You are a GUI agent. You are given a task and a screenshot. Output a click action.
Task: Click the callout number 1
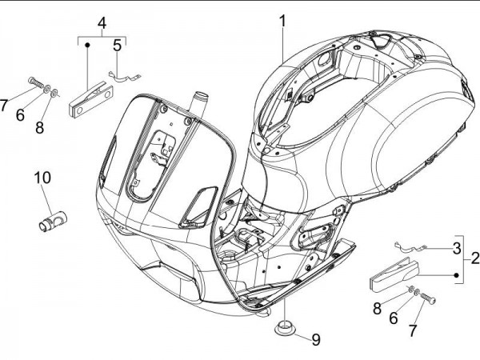282,21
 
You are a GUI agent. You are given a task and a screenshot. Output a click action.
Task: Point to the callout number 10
42,177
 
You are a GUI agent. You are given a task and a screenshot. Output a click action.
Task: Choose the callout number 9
315,339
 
